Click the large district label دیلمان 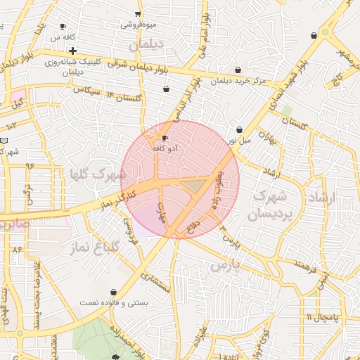[x=146, y=44]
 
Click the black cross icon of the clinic [x=72, y=51]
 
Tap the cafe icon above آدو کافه [x=165, y=139]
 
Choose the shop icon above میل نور [x=240, y=129]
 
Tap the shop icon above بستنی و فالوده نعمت [x=113, y=292]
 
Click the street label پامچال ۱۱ [x=323, y=318]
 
